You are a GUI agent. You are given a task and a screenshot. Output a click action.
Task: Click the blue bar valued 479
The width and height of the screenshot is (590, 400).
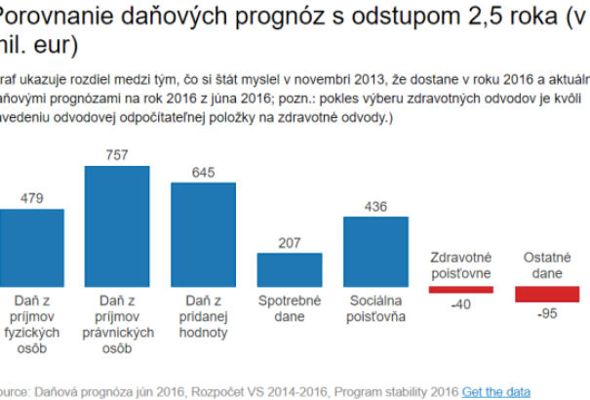pyautogui.click(x=31, y=246)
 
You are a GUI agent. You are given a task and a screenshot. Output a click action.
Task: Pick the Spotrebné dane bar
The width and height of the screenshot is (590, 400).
pyautogui.click(x=289, y=268)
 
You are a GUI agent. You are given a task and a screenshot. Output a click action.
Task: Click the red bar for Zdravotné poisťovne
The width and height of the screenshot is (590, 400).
pyautogui.click(x=461, y=289)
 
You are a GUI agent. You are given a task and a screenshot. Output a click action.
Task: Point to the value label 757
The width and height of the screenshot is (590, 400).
pyautogui.click(x=117, y=155)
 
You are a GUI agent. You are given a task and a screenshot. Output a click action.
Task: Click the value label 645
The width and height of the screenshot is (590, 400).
pyautogui.click(x=203, y=173)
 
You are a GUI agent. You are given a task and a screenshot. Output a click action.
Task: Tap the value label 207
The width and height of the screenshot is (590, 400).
pyautogui.click(x=289, y=242)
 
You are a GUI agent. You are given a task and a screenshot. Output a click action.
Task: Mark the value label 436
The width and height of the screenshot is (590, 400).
pyautogui.click(x=374, y=206)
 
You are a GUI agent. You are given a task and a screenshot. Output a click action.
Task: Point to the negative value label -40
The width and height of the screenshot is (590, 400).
pyautogui.click(x=461, y=305)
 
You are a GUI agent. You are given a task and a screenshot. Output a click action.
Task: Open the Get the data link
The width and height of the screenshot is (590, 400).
pyautogui.click(x=496, y=391)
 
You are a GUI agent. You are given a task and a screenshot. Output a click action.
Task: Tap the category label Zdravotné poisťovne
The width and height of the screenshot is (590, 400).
pyautogui.click(x=461, y=265)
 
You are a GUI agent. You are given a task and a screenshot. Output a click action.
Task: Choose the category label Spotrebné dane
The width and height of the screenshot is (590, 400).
pyautogui.click(x=289, y=309)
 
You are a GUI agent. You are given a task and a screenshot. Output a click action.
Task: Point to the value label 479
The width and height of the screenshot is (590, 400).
pyautogui.click(x=31, y=199)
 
